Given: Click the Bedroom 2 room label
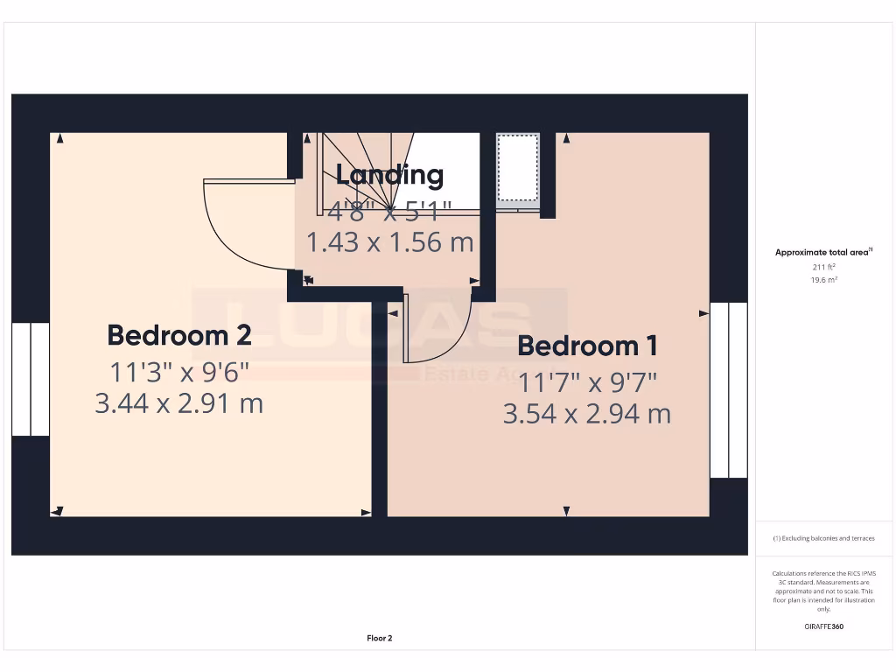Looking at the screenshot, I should (x=179, y=335).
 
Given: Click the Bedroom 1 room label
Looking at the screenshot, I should (x=587, y=346).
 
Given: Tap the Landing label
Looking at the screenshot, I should (x=390, y=175).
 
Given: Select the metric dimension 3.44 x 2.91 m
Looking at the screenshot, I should (x=179, y=404).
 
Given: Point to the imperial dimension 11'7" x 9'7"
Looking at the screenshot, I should (x=587, y=382).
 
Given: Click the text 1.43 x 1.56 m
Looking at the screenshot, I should (x=390, y=242).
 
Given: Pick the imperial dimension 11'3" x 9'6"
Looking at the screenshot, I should (x=179, y=372).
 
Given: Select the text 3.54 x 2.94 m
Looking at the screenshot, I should (x=587, y=414).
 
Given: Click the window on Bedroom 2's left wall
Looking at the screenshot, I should (x=31, y=379).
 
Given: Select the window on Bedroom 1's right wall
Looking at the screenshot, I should (x=728, y=390).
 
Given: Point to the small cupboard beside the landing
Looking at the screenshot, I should (x=517, y=168).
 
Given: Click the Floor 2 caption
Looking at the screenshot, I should (x=380, y=639).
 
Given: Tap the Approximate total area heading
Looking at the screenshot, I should (x=822, y=252).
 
